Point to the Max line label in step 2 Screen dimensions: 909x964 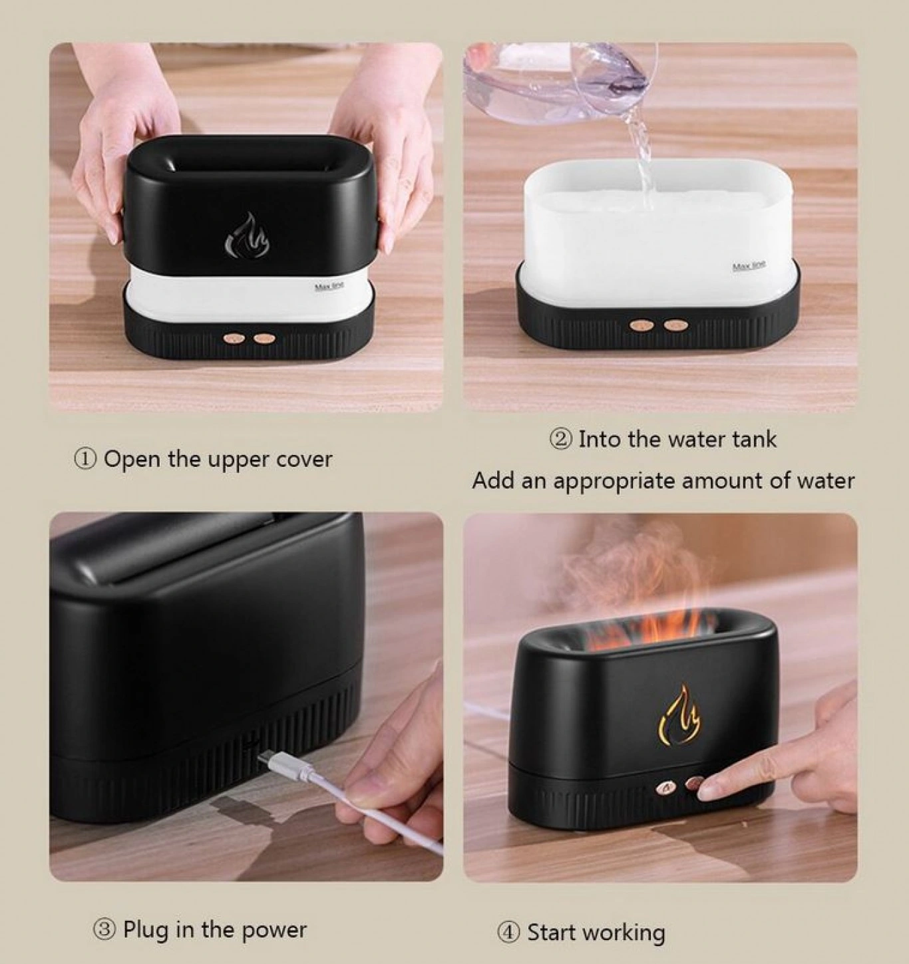749,265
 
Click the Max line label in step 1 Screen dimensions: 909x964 329,286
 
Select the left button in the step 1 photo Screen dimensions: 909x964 236,336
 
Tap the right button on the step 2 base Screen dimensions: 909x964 673,324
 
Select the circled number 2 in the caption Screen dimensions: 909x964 560,439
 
